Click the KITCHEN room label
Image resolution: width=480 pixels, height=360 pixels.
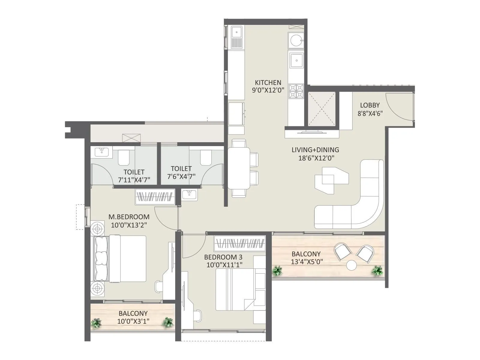[x=268, y=82]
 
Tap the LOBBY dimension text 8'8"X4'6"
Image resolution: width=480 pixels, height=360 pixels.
[x=370, y=113]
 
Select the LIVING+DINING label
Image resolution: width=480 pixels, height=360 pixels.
[x=315, y=150]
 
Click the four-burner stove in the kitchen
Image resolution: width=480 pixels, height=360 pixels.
[x=296, y=91]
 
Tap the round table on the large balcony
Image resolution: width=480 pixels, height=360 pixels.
[x=351, y=265]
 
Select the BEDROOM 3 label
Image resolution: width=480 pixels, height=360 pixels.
[x=223, y=257]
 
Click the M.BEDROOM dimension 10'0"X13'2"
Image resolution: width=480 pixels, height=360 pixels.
[x=129, y=225]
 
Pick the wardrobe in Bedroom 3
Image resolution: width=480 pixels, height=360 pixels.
[x=240, y=243]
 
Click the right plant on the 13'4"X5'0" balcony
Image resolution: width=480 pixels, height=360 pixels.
[x=377, y=271]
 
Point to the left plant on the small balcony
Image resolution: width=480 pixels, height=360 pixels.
[x=96, y=323]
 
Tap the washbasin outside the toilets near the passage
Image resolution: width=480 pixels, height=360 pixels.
[x=189, y=194]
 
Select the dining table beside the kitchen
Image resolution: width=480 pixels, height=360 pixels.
[x=239, y=168]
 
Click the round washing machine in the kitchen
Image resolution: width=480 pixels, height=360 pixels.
[x=296, y=40]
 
